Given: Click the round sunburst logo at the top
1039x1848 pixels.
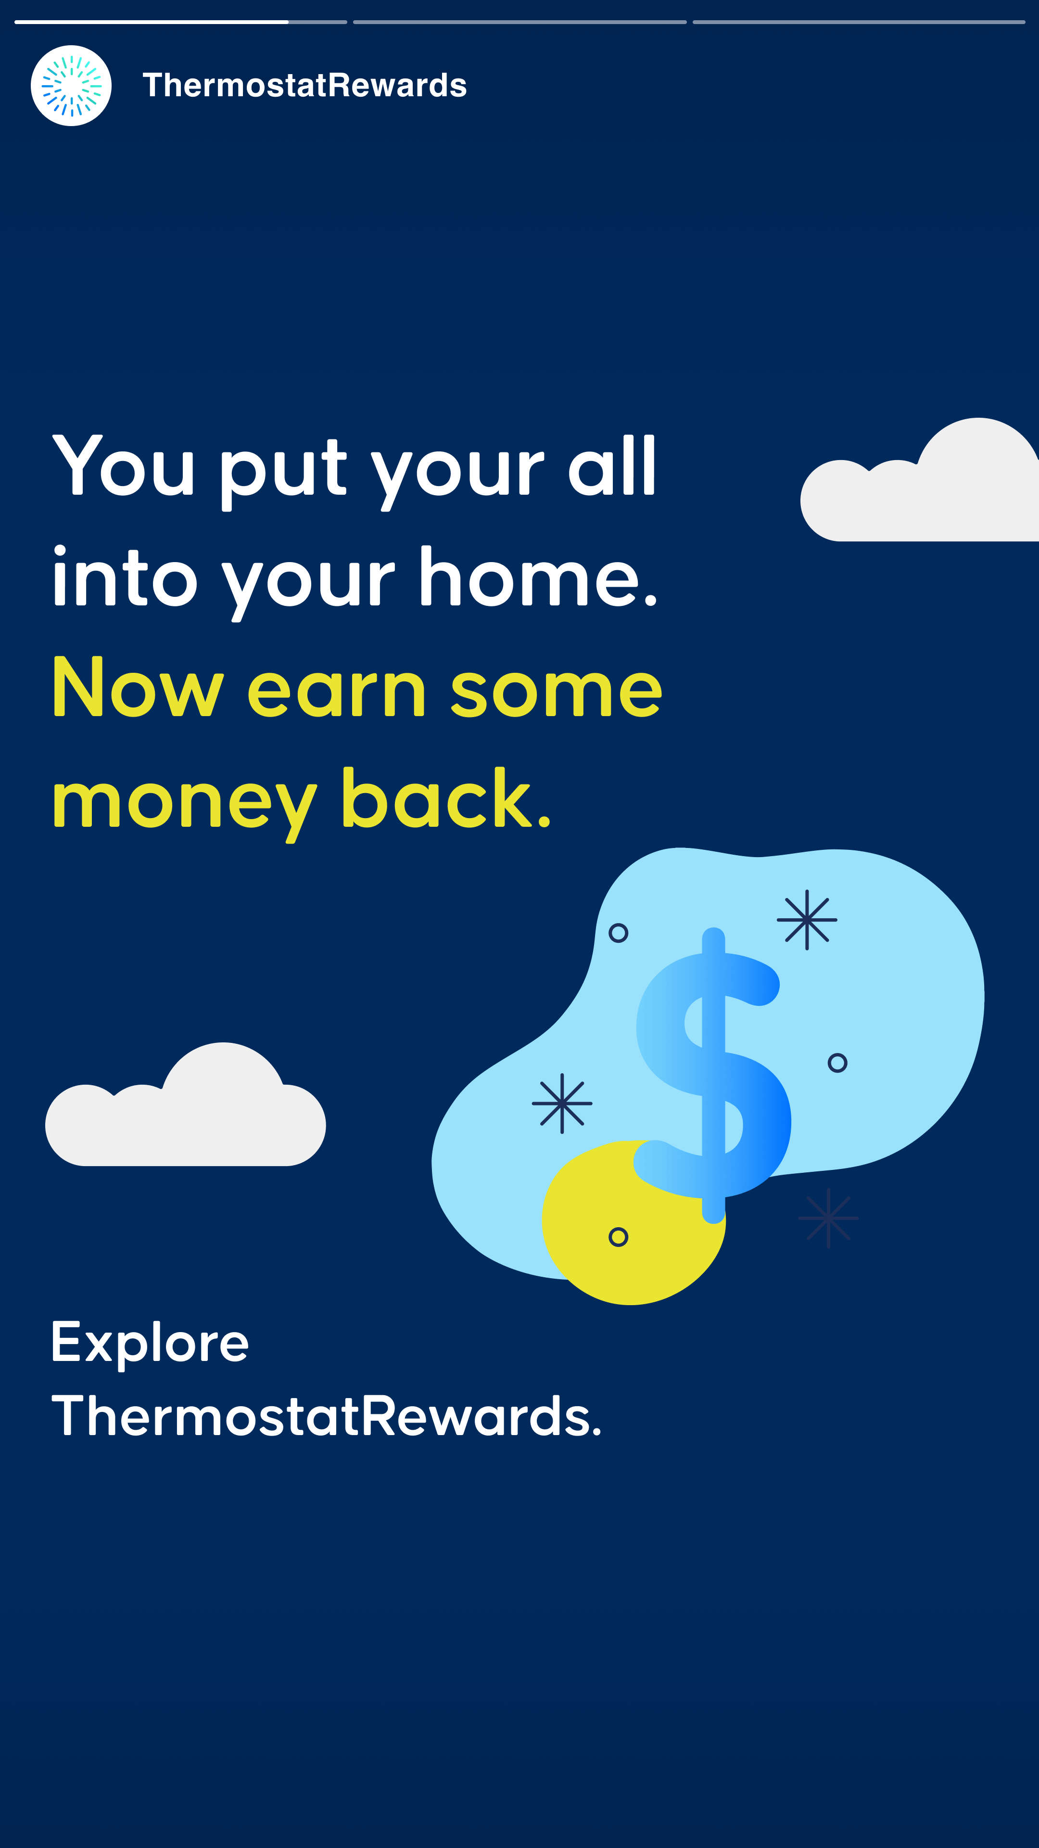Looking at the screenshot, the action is pos(71,85).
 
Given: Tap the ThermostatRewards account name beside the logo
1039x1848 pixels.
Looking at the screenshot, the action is pos(305,85).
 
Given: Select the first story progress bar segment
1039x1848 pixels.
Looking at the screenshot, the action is pos(181,22).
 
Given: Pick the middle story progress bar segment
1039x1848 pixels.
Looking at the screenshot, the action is pos(520,22).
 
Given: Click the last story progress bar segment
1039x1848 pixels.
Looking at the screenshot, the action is pos(859,22).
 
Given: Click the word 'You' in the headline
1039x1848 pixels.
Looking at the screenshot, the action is pos(123,466).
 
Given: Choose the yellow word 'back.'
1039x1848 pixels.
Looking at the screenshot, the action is pos(446,798).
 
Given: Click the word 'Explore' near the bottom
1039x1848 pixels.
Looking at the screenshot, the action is pos(150,1344).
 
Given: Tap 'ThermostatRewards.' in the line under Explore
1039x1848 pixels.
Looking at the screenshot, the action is pos(326,1417).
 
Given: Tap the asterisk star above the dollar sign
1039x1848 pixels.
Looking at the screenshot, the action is pos(807,920).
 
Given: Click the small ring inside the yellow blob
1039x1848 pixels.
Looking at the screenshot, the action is pos(618,1237).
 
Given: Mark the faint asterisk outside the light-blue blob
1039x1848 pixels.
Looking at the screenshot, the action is pos(828,1218).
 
